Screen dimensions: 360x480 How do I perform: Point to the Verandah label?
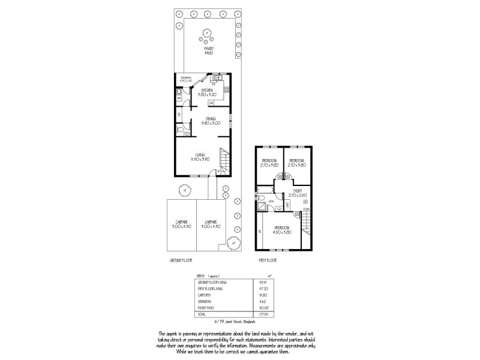[186, 79]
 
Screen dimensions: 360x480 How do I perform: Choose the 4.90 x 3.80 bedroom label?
[283, 229]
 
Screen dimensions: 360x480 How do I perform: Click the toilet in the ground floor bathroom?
[181, 130]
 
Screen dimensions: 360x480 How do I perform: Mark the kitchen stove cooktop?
[217, 78]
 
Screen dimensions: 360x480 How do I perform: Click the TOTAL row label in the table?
[202, 314]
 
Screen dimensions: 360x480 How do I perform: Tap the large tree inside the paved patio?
[208, 34]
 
